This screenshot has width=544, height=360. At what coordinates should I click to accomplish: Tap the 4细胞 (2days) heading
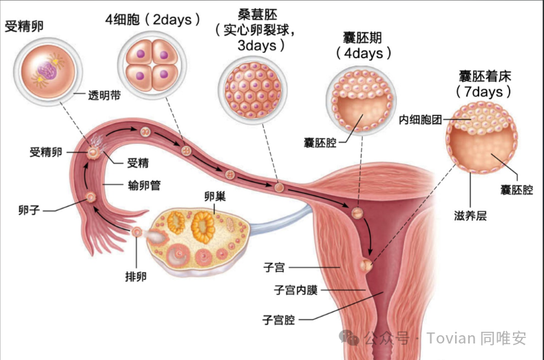[x=153, y=19]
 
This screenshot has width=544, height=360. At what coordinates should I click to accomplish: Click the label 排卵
[x=136, y=277]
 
